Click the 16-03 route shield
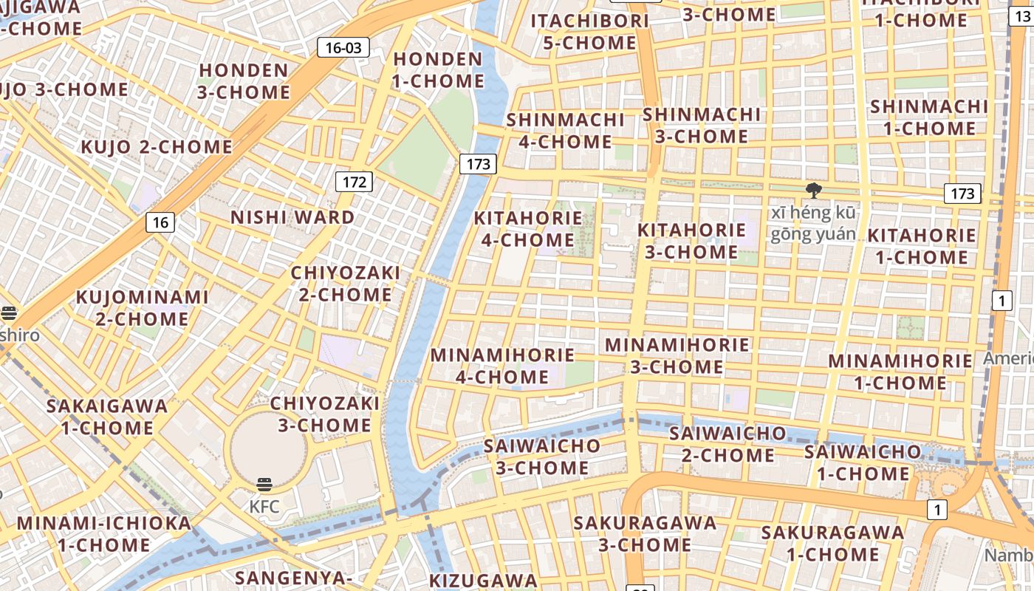click(x=343, y=48)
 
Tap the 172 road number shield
click(x=354, y=182)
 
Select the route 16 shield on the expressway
click(x=160, y=222)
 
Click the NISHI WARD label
click(x=292, y=218)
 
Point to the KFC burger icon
click(x=264, y=485)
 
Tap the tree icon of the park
click(x=814, y=191)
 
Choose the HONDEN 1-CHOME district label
click(x=438, y=70)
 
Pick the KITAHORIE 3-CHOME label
click(x=691, y=241)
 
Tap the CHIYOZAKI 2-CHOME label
click(x=345, y=284)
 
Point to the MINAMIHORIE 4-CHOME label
click(x=502, y=366)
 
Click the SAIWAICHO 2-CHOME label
click(x=727, y=444)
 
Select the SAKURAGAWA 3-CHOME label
click(x=645, y=534)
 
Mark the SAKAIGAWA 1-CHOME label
click(x=107, y=417)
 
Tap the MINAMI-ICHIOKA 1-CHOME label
click(x=103, y=534)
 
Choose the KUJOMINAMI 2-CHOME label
click(x=143, y=308)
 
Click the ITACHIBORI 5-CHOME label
click(x=589, y=32)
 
